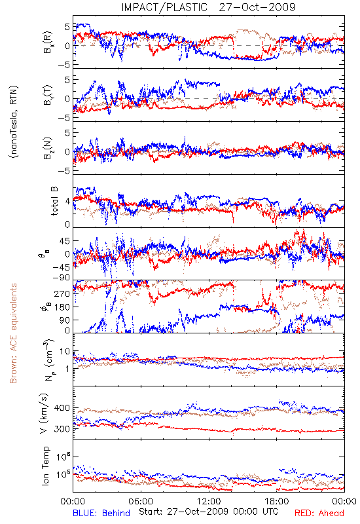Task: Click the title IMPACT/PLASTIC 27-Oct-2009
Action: (208, 7)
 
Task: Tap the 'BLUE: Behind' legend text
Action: (101, 513)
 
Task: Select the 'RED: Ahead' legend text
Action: (319, 513)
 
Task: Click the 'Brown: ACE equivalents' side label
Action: (13, 333)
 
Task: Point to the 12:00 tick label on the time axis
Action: (209, 501)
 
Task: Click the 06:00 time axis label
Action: (141, 501)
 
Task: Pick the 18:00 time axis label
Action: (277, 501)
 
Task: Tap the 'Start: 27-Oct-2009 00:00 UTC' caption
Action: (208, 512)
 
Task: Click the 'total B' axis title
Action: (54, 201)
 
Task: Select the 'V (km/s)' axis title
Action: (44, 413)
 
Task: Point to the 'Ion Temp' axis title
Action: (45, 466)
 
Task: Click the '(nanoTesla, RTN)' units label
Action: (14, 122)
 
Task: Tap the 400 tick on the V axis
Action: (62, 408)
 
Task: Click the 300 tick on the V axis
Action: (62, 429)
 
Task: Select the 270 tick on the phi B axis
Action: (62, 293)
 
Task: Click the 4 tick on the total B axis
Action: (67, 202)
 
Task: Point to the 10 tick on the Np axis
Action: (65, 352)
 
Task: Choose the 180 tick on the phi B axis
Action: (62, 307)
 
